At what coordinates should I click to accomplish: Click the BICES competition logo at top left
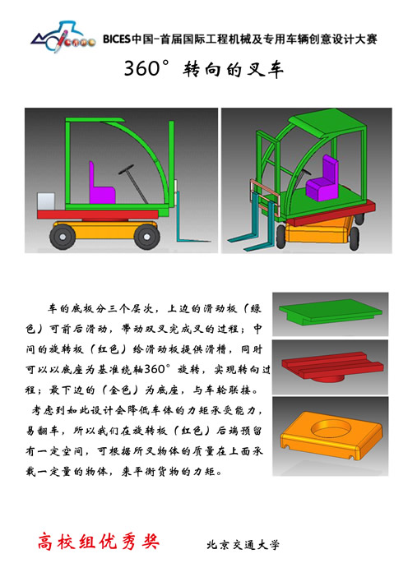click(x=63, y=37)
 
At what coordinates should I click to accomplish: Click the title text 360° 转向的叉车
click(x=204, y=69)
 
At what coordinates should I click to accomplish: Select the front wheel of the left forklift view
click(x=146, y=237)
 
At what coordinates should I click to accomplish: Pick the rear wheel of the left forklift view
click(x=63, y=237)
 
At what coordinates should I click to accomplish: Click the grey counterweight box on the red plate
click(x=46, y=201)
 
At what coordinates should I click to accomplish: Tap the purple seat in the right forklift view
click(x=322, y=179)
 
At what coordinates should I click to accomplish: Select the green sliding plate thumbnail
click(x=330, y=312)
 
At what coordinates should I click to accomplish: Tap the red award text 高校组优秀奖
click(x=99, y=542)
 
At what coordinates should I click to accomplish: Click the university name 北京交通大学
click(x=243, y=544)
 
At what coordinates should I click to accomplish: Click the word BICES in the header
click(x=117, y=39)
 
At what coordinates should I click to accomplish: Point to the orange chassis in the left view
click(x=105, y=230)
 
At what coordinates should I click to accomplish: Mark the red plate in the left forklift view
click(x=98, y=215)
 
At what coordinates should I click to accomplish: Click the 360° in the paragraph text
click(x=157, y=368)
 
